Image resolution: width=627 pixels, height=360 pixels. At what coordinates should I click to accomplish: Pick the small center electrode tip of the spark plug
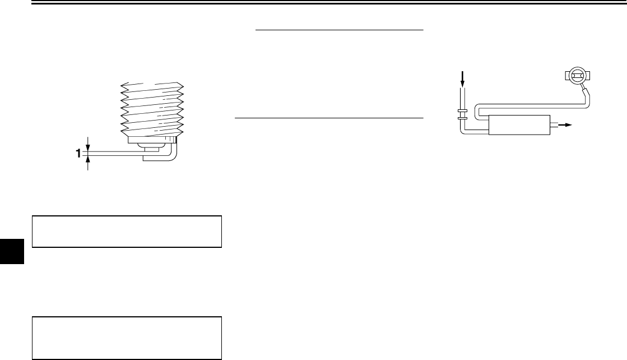click(x=150, y=149)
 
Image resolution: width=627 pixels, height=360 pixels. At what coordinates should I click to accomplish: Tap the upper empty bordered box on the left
click(x=127, y=231)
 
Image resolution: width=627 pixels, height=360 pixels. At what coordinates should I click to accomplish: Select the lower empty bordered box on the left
click(x=127, y=338)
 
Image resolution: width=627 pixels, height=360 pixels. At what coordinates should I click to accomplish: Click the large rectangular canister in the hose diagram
click(x=519, y=124)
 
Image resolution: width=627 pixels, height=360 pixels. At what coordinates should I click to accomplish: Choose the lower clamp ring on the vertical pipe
click(x=462, y=118)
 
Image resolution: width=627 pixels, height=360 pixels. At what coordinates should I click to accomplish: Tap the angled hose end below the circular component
click(x=586, y=92)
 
